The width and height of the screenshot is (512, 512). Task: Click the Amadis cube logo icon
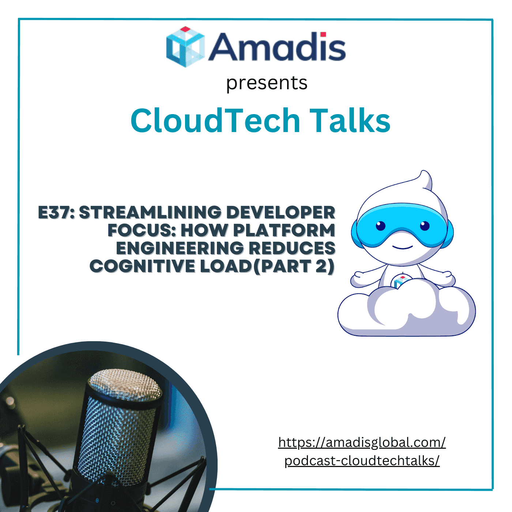(x=185, y=47)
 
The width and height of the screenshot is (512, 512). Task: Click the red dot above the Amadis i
(x=323, y=35)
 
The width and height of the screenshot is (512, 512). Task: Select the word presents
(x=267, y=83)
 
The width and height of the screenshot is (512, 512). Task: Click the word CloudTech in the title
(x=215, y=121)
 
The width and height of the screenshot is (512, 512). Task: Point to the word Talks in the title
(x=350, y=121)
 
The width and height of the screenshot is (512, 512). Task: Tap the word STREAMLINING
(x=150, y=213)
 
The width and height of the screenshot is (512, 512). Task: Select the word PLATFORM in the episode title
(x=284, y=230)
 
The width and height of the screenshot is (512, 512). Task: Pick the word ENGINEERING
(x=180, y=248)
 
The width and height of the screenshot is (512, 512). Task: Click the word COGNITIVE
(x=142, y=266)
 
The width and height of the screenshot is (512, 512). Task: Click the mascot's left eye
(x=381, y=226)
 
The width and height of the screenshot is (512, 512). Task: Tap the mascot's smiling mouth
(x=402, y=247)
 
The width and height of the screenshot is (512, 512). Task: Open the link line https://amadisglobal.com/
(x=362, y=443)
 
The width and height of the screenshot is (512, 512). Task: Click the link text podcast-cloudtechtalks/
(x=362, y=461)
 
